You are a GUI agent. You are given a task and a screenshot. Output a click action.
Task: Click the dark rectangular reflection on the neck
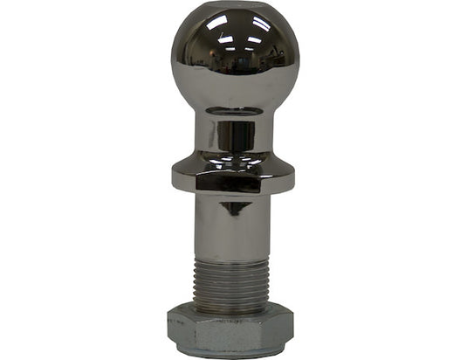(236, 135)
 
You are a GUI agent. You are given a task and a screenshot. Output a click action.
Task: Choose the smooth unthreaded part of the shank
(233, 223)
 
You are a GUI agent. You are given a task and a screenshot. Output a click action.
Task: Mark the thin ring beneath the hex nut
(233, 354)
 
